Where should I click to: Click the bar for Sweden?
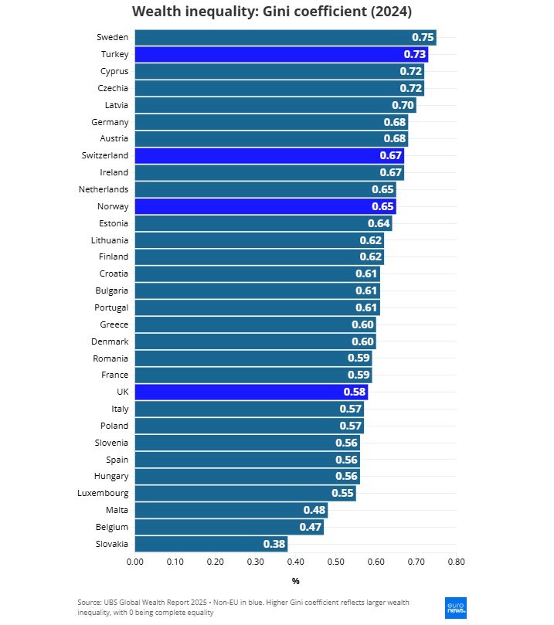pos(285,37)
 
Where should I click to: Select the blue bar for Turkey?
pos(281,54)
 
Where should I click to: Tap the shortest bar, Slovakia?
pos(211,544)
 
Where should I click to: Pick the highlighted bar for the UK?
pos(251,392)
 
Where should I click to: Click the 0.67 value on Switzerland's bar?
pos(391,155)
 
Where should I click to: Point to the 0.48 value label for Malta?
pos(314,511)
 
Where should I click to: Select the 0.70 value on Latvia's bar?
pos(403,105)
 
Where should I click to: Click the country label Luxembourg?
pos(103,493)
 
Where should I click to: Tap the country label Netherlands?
pos(104,189)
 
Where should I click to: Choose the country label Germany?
pos(110,122)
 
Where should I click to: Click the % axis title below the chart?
pos(295,581)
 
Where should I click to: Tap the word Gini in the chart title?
pos(271,12)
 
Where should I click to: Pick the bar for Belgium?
pos(229,527)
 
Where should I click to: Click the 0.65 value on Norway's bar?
pos(383,206)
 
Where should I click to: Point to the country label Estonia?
pos(113,223)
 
